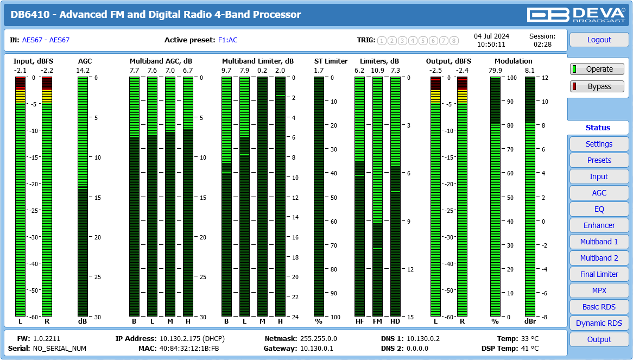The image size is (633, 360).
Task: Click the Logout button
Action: point(599,40)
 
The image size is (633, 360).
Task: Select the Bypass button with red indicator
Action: point(597,86)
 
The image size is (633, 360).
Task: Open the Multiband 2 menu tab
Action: point(599,258)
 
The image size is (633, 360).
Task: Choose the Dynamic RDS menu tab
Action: point(599,323)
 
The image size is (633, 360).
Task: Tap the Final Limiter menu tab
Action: point(599,274)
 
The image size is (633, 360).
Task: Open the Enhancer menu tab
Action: point(599,225)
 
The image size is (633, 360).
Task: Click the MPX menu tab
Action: point(599,290)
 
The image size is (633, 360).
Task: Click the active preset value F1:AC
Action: point(227,40)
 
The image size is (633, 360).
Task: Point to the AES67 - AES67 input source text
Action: point(46,40)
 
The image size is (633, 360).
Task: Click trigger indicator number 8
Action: point(454,41)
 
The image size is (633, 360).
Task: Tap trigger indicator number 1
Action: point(382,41)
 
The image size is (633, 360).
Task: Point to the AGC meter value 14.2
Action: point(83,71)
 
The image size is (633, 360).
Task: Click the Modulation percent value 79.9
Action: point(495,71)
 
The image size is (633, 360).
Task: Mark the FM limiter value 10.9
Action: point(377,71)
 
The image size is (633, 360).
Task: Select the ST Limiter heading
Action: point(331,61)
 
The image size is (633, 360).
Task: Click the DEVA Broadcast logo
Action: point(577,15)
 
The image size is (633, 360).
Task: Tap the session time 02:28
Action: point(542,45)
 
